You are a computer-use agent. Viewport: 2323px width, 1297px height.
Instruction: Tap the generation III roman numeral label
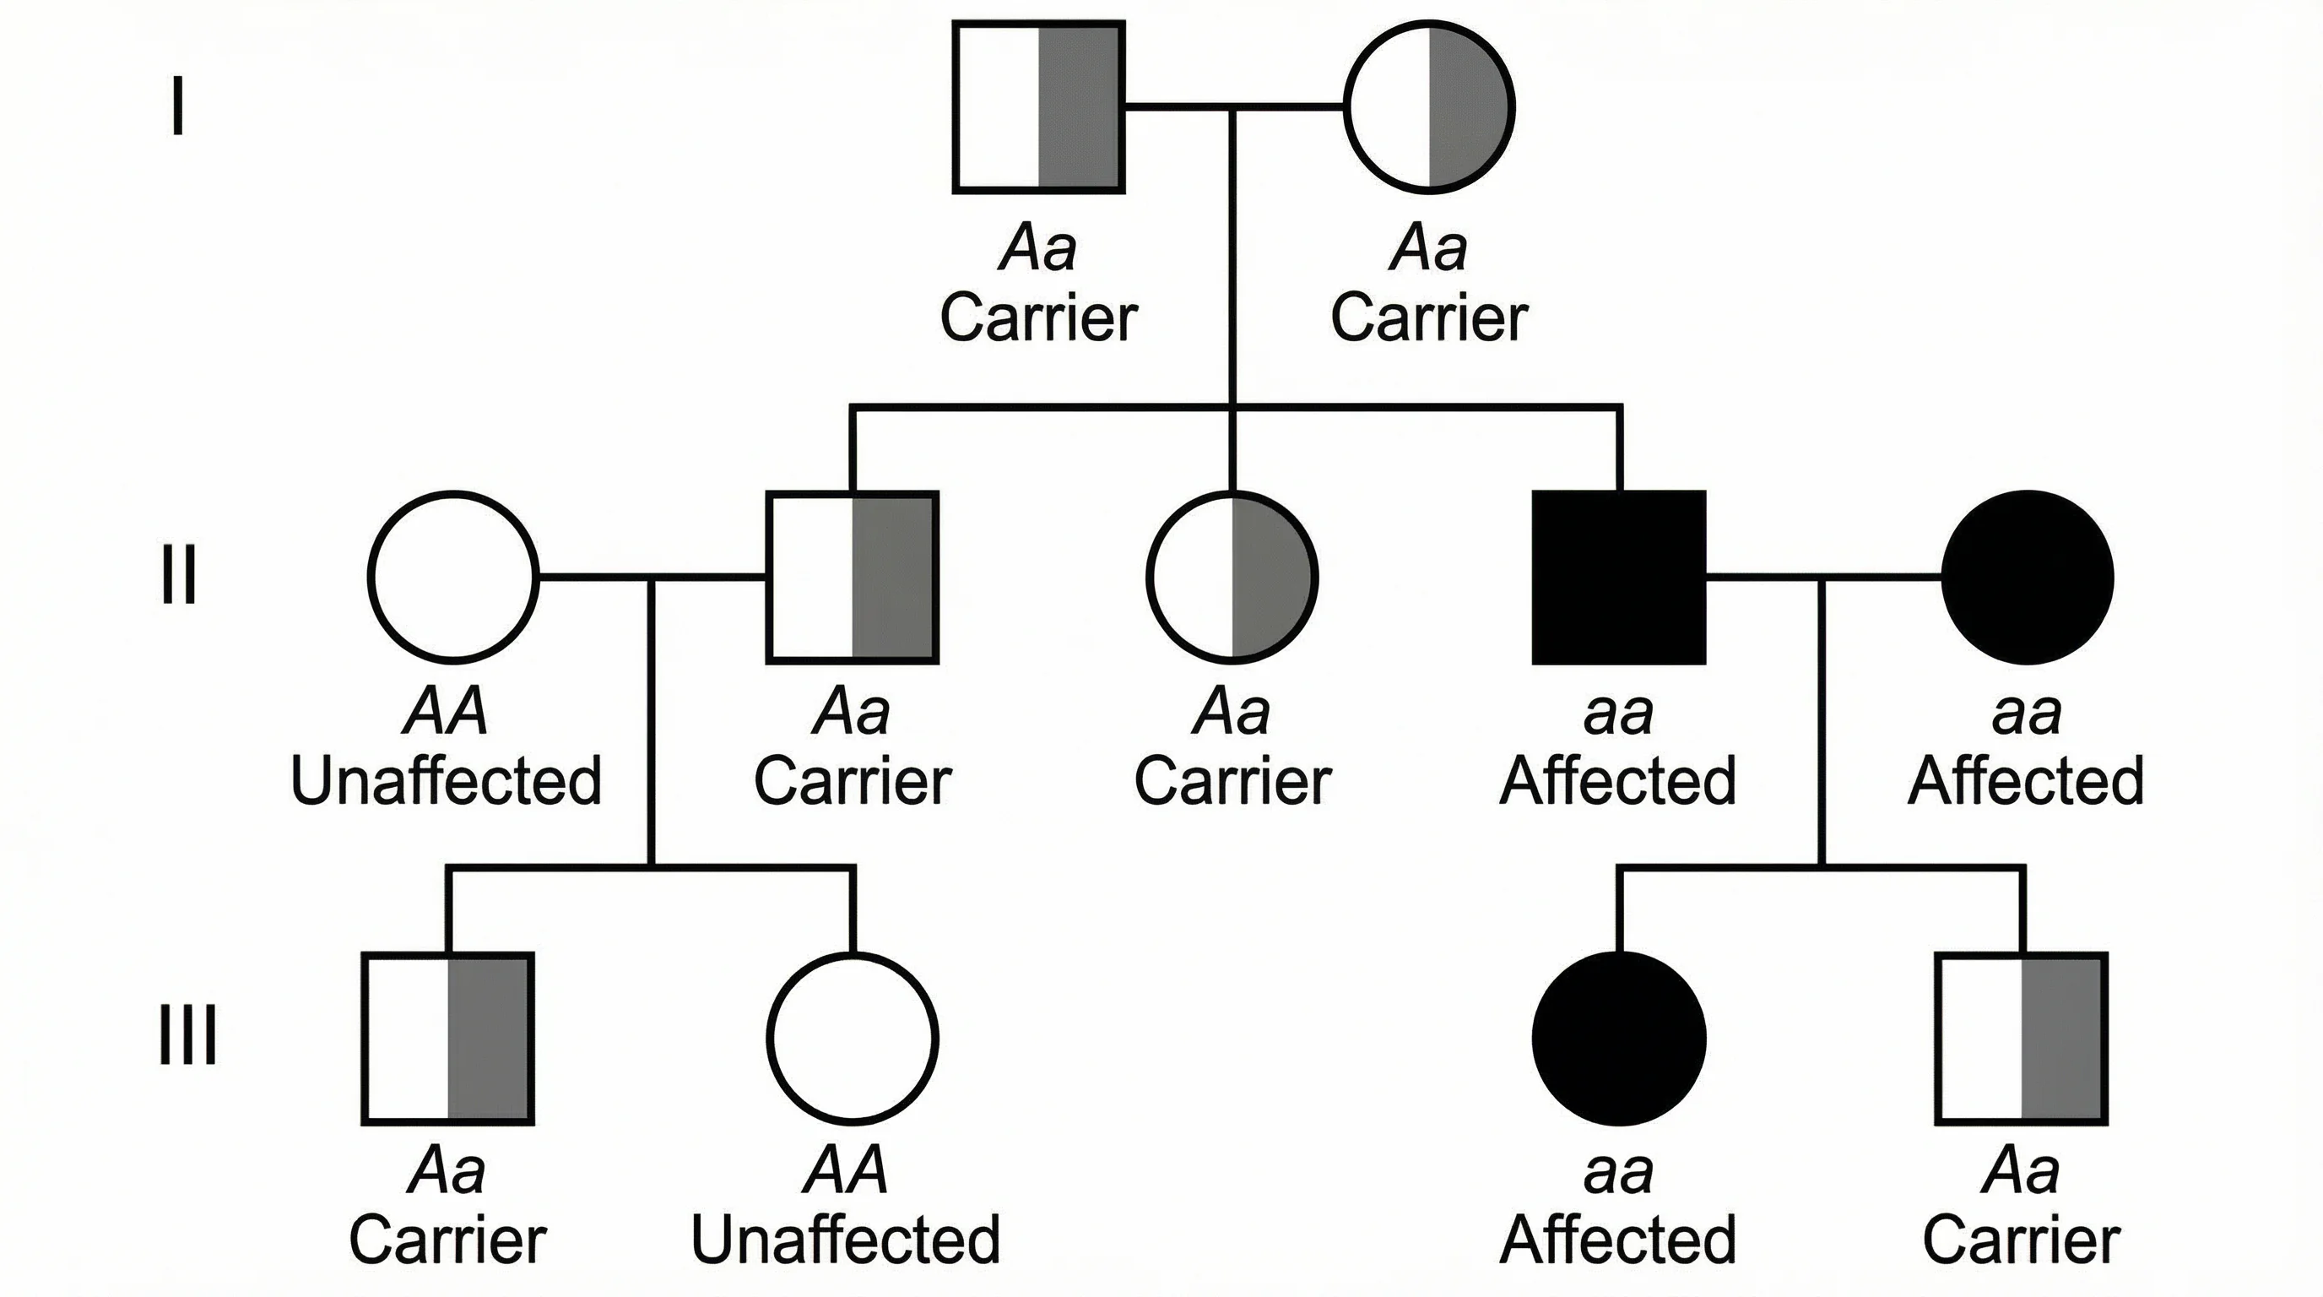187,1035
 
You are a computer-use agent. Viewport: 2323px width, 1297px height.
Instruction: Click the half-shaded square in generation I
1039,106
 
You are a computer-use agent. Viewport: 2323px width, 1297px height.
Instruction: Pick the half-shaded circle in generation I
1429,106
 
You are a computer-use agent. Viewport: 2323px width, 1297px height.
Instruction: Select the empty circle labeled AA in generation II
453,578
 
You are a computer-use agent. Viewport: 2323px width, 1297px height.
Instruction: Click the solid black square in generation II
1620,578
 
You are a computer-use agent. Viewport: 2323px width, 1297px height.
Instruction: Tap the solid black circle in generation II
2027,578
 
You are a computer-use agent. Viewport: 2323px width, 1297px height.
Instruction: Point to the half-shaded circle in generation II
1232,578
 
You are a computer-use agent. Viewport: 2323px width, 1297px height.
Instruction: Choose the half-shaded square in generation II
853,578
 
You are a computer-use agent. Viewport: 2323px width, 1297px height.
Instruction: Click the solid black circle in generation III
1620,1038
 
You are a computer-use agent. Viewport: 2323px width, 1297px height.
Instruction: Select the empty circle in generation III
853,1038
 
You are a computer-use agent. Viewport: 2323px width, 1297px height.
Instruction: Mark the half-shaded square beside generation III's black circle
2022,1038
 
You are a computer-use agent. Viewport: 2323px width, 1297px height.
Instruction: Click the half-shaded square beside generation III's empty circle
448,1038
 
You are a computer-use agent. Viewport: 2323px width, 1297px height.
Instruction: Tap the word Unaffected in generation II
446,781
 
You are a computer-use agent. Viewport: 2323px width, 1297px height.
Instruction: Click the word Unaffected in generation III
846,1240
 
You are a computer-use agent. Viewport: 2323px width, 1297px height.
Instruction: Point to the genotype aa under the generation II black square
1619,714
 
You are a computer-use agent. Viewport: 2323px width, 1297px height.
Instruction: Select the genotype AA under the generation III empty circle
846,1170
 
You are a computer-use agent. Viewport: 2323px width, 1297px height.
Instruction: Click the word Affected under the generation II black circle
2025,781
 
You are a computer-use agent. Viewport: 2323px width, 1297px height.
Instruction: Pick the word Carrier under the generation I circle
1429,318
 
